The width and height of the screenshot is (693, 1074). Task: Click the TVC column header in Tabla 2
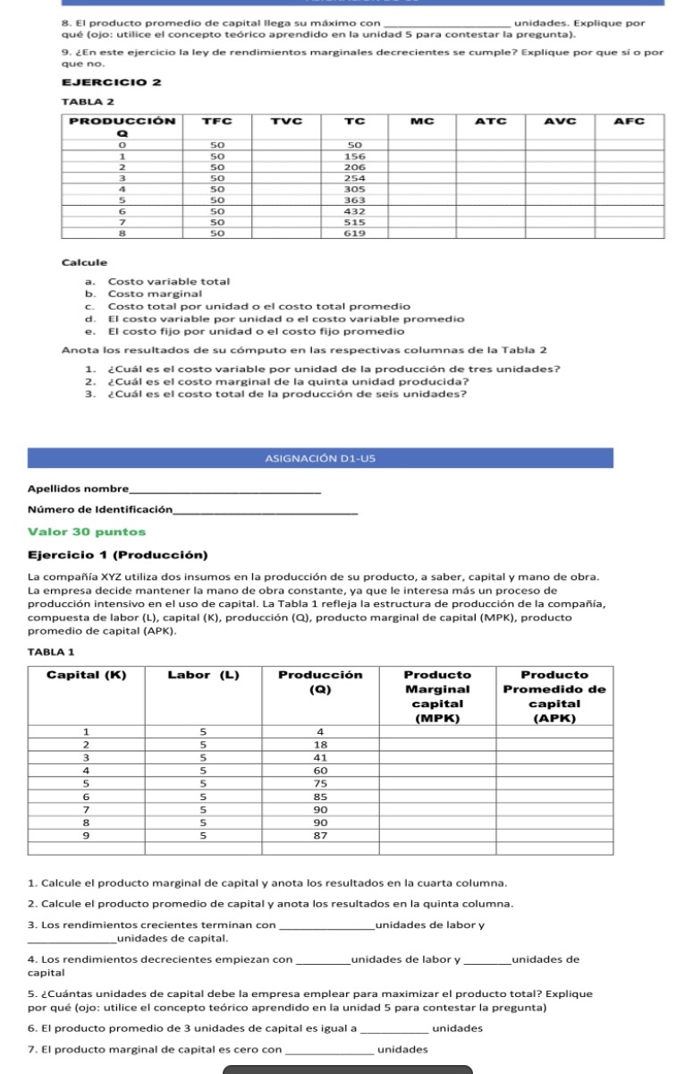(283, 120)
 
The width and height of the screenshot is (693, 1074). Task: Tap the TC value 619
(354, 233)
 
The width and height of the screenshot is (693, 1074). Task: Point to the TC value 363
(354, 200)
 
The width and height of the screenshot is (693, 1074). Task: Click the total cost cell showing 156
(354, 155)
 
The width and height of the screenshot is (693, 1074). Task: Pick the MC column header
(421, 120)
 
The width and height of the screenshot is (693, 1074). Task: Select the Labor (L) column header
(203, 675)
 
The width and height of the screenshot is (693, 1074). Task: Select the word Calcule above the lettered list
(84, 262)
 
